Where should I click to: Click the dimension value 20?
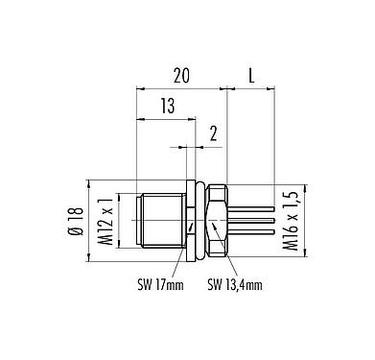coord(181,76)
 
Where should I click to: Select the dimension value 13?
coord(168,106)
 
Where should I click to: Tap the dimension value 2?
coord(213,133)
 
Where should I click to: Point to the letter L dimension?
coord(251,76)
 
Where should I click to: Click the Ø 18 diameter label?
coord(77,222)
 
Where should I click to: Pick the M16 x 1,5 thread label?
coord(291,221)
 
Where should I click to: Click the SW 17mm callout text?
coord(160,284)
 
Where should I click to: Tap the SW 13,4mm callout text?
coord(235,284)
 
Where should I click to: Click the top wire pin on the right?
coord(251,208)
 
